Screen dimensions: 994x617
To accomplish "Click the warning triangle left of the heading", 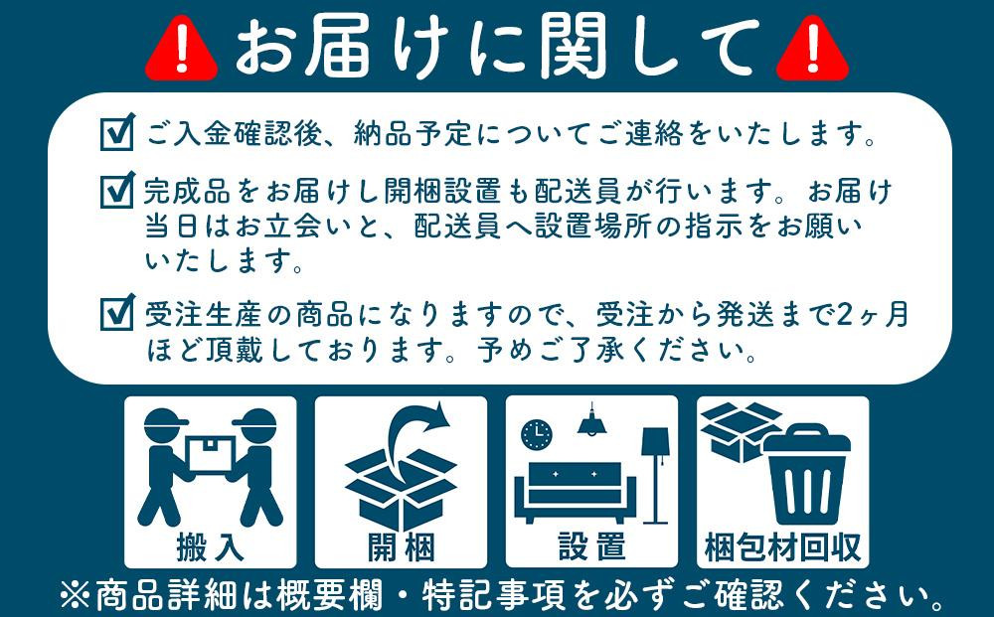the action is click(181, 50).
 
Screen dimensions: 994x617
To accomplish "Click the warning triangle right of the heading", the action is click(812, 50).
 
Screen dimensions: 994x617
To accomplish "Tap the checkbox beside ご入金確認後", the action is click(118, 132).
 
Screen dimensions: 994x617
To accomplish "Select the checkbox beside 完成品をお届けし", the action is click(118, 190).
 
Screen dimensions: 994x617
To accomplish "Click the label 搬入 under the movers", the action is click(210, 546).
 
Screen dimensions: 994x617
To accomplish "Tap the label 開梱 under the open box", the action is click(401, 546).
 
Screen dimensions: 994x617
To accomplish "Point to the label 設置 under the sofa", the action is click(591, 546).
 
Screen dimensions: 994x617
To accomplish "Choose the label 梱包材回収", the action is click(783, 546).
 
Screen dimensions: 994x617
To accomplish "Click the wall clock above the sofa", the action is click(537, 434).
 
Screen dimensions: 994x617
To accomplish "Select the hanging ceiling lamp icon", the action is click(592, 420).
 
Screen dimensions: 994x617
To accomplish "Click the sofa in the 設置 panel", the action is click(575, 492).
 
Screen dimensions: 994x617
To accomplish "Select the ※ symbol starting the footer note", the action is click(75, 595).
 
